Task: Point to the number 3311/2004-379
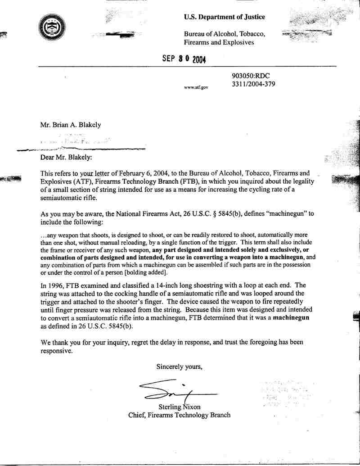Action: tap(253, 84)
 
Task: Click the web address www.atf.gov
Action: tap(196, 87)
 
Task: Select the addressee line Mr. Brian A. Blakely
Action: tap(71, 125)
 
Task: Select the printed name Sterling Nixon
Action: tap(179, 407)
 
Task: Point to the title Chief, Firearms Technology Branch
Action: tap(180, 415)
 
